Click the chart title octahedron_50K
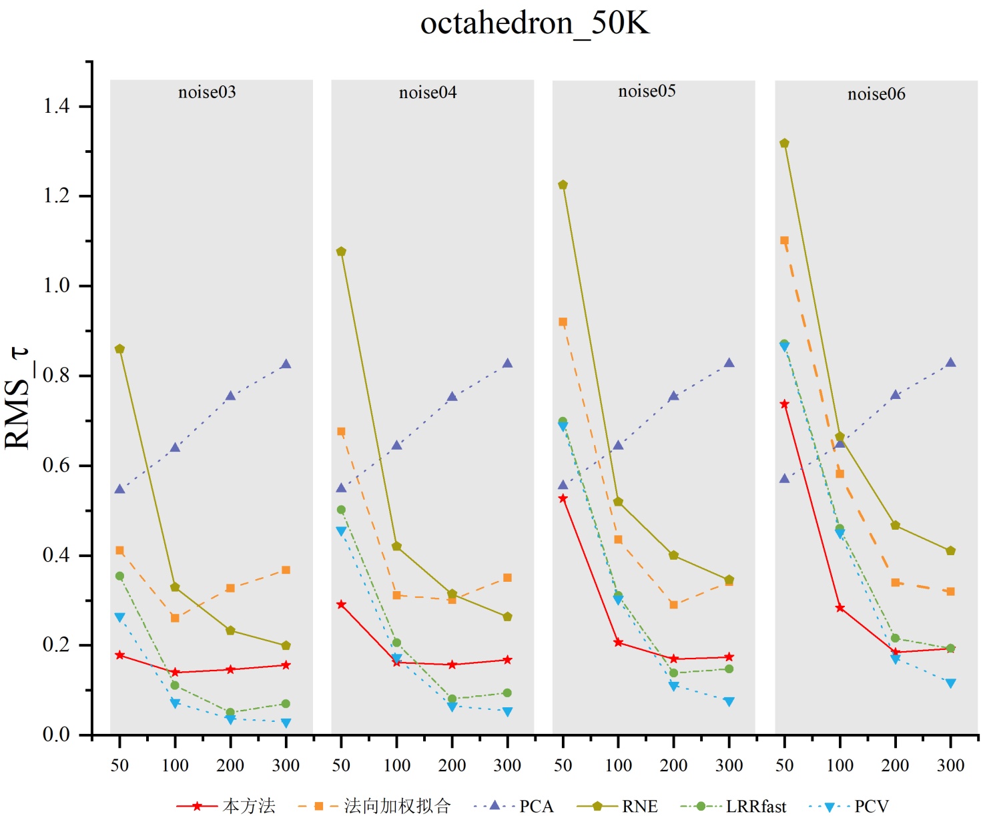(535, 24)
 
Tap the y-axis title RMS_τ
(17, 399)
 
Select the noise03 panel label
(207, 92)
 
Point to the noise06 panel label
(876, 94)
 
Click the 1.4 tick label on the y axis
(57, 106)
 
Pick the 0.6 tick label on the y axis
(57, 466)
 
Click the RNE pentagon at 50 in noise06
(784, 143)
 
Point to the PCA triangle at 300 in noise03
(286, 364)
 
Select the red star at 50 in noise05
(563, 498)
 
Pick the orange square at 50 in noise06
(784, 241)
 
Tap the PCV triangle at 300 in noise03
(286, 723)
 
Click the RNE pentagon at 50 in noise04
(341, 252)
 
